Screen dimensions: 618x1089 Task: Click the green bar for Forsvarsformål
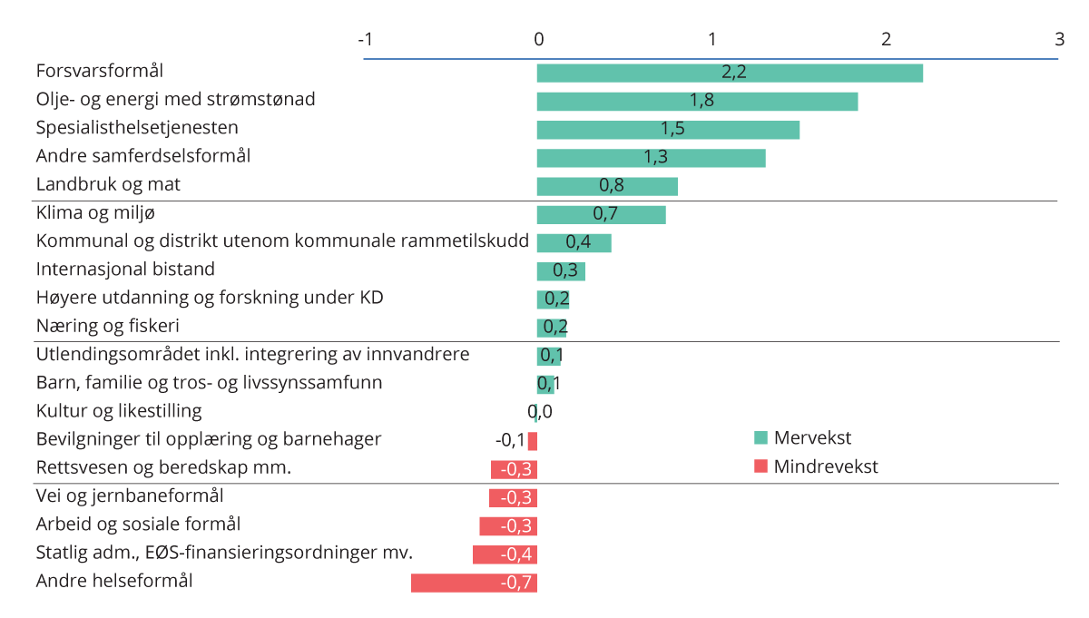click(x=730, y=73)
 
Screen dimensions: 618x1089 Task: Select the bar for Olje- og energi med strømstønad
click(x=697, y=101)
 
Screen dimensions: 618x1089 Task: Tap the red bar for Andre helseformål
click(x=474, y=583)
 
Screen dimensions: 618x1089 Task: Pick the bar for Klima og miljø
click(x=601, y=214)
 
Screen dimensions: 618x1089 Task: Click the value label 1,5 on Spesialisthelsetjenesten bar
click(x=672, y=129)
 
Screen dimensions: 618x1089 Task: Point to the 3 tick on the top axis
click(x=1059, y=39)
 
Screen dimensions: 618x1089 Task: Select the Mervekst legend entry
click(x=803, y=438)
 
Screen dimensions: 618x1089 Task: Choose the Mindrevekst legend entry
click(x=816, y=467)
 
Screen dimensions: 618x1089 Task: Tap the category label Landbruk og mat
click(x=108, y=184)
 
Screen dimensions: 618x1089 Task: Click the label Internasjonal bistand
click(x=125, y=270)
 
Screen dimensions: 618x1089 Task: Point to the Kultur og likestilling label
click(x=119, y=411)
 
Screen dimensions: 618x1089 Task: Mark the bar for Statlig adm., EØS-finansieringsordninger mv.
click(x=505, y=554)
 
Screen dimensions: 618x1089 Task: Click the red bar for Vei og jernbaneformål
click(x=513, y=498)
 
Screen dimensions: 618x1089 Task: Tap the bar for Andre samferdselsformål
click(x=651, y=158)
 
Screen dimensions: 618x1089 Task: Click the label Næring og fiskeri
click(x=102, y=326)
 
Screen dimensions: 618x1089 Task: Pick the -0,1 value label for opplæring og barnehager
click(x=509, y=441)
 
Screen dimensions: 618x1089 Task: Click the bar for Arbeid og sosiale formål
click(x=508, y=526)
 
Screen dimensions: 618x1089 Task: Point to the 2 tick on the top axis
click(x=886, y=39)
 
